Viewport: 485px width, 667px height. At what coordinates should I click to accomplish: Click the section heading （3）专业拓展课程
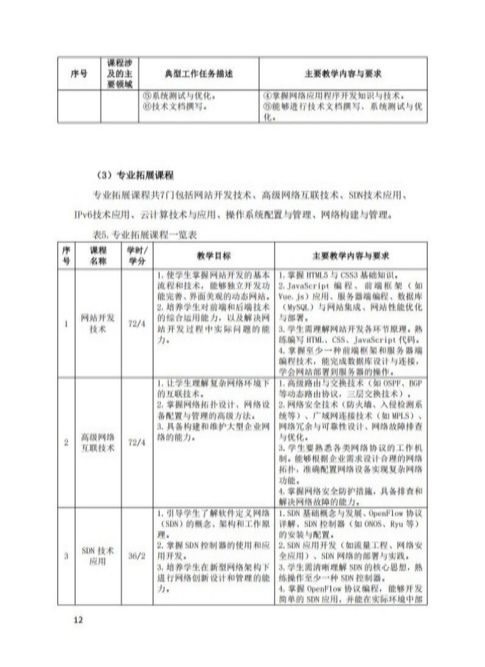coord(135,176)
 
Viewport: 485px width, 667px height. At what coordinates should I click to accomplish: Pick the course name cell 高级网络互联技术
coord(98,443)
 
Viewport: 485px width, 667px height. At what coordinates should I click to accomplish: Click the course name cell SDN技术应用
coord(98,556)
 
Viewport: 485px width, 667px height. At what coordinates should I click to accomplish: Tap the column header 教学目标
coord(213,255)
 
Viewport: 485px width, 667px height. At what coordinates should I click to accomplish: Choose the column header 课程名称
coord(98,255)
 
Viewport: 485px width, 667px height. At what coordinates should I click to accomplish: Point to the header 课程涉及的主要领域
coord(119,73)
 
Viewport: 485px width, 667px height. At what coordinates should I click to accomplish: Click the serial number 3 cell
coord(66,556)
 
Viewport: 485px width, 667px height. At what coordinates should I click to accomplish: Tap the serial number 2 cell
coord(66,443)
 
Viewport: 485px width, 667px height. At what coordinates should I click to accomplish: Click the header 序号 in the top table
coord(79,73)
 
